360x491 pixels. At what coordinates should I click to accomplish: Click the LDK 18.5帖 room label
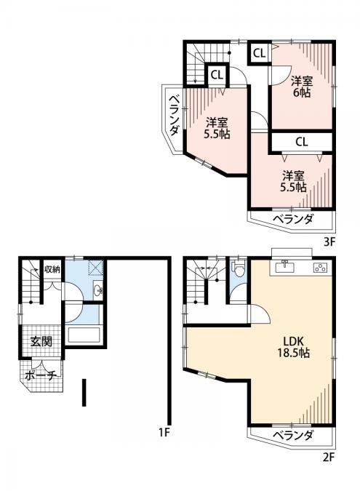[294, 347]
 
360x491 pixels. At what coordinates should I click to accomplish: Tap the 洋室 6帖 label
[302, 87]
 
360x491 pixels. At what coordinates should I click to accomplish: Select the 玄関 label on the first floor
[41, 341]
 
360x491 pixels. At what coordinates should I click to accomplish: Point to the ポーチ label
[41, 375]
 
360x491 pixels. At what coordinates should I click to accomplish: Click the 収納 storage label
[52, 269]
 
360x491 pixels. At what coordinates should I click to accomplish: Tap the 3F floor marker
[329, 242]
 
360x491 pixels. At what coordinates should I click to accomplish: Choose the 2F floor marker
[329, 458]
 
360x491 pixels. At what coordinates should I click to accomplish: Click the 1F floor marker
[164, 432]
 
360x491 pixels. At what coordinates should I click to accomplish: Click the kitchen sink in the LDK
[284, 268]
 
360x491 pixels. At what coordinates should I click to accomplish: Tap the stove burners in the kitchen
[320, 268]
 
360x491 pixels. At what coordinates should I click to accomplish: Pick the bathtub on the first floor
[84, 335]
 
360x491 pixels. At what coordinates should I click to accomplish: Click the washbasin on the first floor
[98, 290]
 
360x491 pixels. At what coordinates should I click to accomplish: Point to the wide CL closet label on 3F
[302, 142]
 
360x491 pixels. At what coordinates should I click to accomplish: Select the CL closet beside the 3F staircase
[217, 75]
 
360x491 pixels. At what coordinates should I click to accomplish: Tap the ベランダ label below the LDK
[292, 435]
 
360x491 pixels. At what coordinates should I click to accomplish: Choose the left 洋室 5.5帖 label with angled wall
[217, 128]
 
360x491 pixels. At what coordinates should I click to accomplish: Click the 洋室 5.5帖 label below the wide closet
[293, 181]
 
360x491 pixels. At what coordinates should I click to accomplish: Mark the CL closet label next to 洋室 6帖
[259, 54]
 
